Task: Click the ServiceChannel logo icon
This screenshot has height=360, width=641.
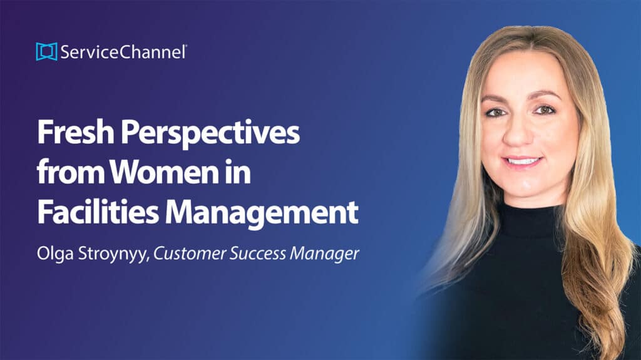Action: pos(46,51)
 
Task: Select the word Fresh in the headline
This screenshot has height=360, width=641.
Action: pos(76,131)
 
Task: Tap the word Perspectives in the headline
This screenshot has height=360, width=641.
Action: pos(210,133)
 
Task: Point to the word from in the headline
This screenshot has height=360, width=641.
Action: pos(70,172)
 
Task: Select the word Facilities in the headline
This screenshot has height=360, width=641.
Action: pos(98,211)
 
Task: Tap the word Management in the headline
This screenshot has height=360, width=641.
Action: pos(262,213)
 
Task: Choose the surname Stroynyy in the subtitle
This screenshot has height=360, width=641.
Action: pos(113,254)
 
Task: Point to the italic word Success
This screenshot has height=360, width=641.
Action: pos(257,254)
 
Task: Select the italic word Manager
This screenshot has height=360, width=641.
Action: pos(325,254)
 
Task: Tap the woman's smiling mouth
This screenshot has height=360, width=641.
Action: pos(522,161)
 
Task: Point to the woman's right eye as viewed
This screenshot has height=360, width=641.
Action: pos(544,110)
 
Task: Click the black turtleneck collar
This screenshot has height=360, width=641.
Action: pos(531,221)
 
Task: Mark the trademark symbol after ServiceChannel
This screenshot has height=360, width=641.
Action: pos(186,46)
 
